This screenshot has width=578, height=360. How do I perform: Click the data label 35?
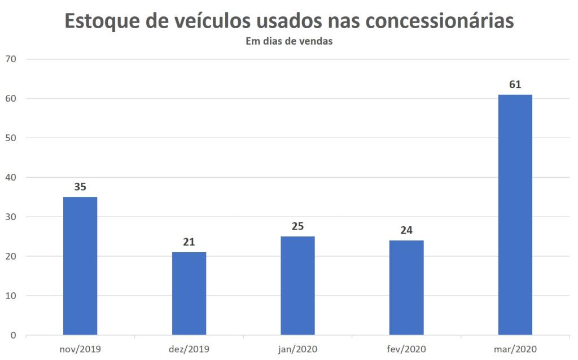click(x=80, y=187)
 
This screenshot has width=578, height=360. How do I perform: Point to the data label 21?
click(x=189, y=242)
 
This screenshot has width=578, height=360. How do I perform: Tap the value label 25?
click(x=297, y=226)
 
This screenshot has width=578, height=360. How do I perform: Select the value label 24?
click(x=406, y=230)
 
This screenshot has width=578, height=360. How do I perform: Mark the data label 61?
click(x=515, y=85)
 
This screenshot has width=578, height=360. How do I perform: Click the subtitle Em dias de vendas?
click(x=288, y=41)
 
